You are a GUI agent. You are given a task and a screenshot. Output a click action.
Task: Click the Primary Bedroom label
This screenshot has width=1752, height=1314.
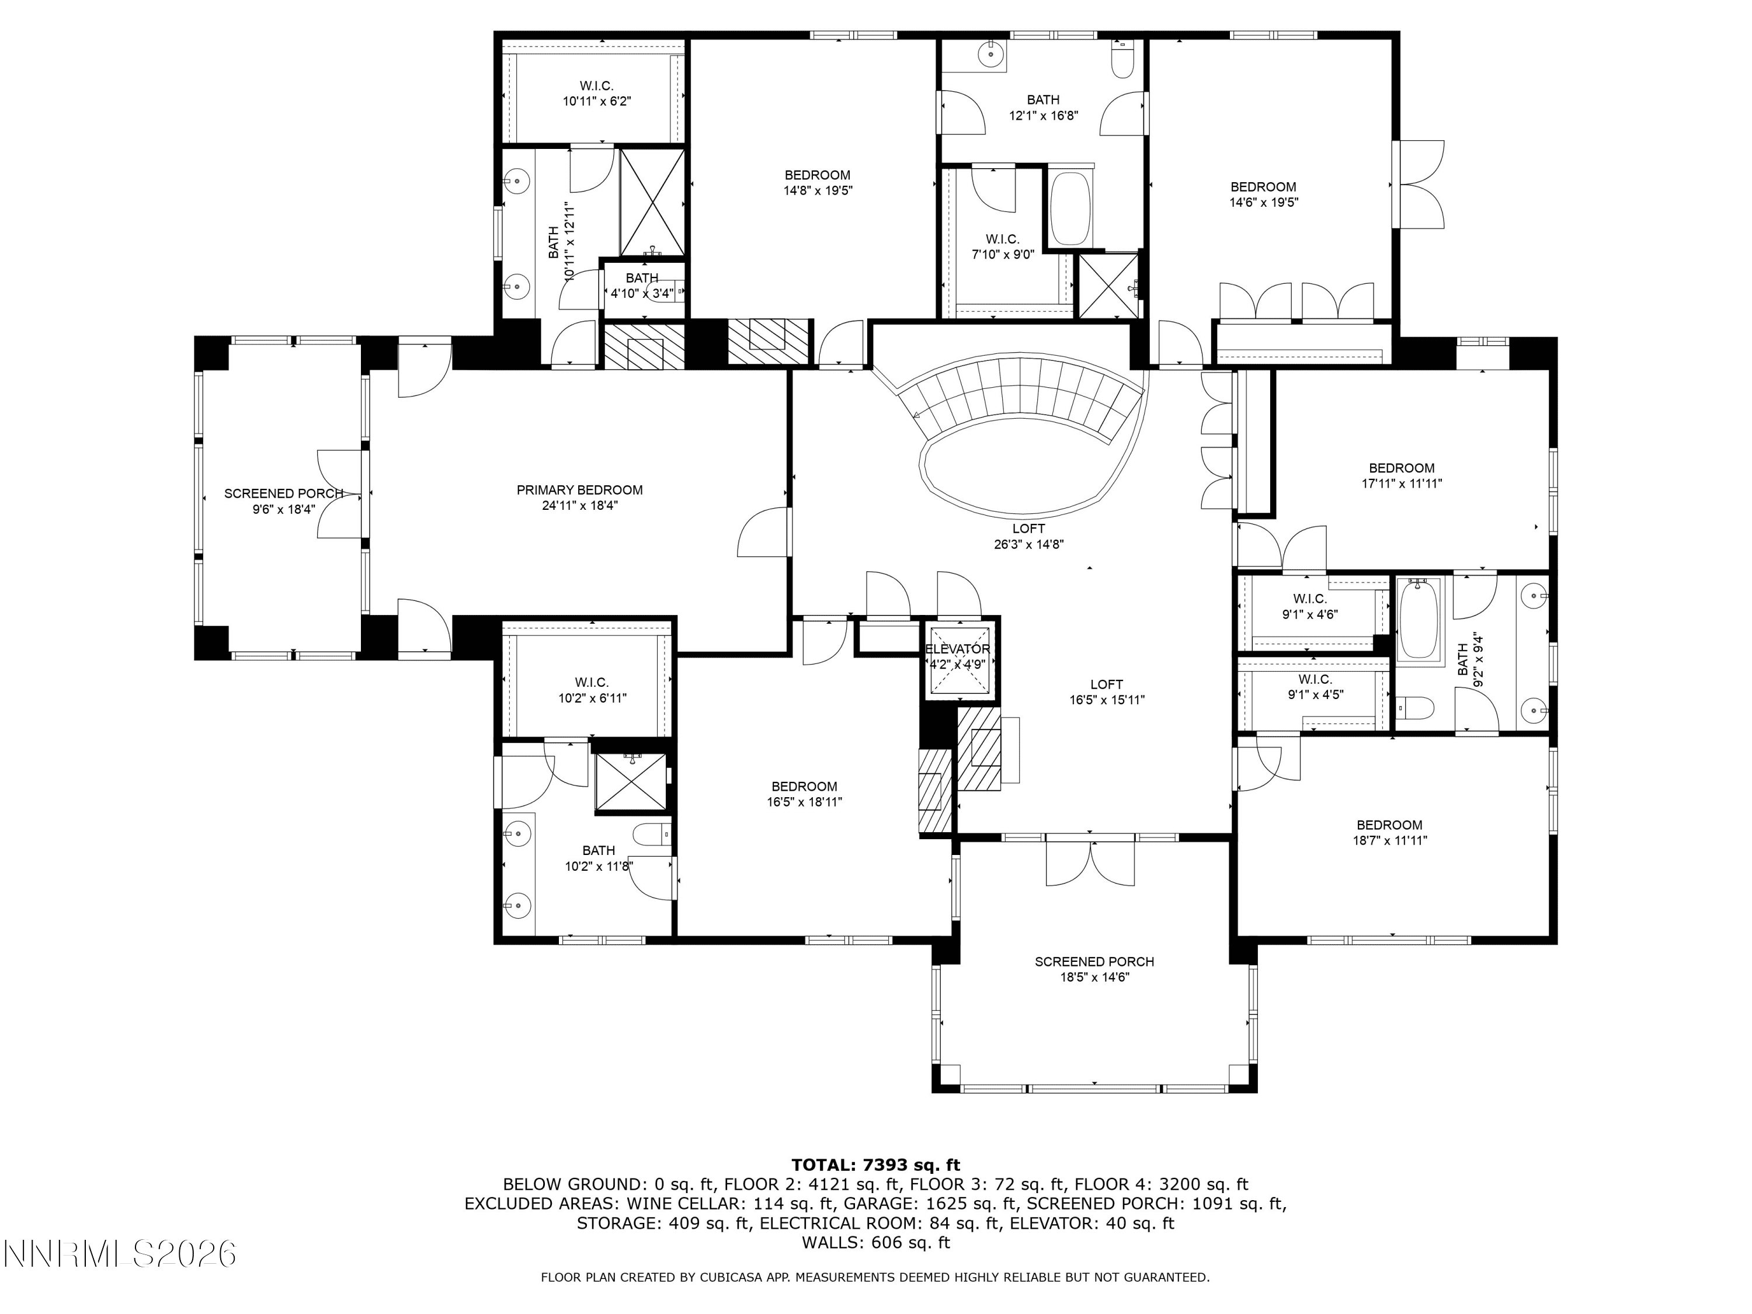[580, 498]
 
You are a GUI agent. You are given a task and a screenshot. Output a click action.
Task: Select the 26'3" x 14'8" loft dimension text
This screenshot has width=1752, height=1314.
[1029, 544]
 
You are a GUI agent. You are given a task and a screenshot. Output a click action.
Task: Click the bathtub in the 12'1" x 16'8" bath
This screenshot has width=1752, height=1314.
[1069, 209]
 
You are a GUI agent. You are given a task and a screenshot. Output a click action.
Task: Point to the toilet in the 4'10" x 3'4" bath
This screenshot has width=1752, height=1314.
[670, 291]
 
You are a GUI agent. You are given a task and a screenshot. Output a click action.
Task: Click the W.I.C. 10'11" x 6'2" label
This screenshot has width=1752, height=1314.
[596, 93]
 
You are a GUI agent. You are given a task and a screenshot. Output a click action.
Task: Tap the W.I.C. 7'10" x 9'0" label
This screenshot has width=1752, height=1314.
[1003, 246]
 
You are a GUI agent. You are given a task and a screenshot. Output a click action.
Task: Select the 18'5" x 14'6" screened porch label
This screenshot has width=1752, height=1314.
[1094, 969]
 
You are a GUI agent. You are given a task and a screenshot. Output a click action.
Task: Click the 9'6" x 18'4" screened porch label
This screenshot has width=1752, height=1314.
[284, 500]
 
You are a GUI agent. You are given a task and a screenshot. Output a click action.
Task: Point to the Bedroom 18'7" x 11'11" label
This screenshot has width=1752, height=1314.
[1389, 832]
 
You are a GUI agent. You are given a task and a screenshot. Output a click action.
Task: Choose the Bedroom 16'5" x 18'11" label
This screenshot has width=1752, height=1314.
[804, 794]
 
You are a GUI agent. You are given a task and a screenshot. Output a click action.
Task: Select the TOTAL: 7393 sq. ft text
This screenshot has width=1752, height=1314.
[875, 1165]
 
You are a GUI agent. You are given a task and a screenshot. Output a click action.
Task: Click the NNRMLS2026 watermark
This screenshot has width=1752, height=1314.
[120, 1254]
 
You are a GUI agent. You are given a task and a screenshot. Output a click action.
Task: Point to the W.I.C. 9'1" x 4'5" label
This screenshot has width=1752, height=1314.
[1316, 687]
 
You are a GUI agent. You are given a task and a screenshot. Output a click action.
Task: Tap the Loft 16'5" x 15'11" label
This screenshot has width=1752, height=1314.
[1107, 691]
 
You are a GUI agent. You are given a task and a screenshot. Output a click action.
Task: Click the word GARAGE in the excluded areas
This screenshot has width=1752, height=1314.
[795, 1204]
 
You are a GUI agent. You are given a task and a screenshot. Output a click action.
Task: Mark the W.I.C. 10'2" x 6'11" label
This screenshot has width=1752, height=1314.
[592, 690]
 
